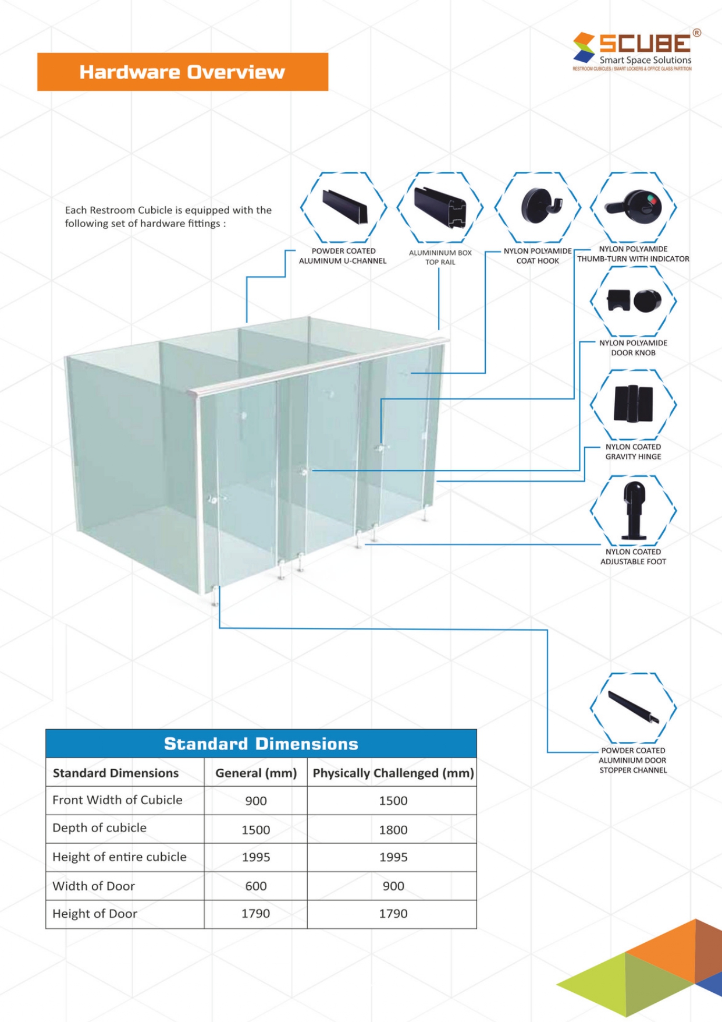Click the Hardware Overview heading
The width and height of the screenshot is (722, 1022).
click(182, 72)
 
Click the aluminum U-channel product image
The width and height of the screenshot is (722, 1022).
click(344, 207)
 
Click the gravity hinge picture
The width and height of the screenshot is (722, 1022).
click(634, 403)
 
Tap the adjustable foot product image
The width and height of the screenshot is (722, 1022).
click(634, 510)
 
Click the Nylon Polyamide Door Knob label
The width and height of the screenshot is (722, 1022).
click(633, 348)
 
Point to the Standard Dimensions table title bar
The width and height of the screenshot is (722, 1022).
click(261, 744)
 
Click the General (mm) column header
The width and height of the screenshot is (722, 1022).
click(256, 773)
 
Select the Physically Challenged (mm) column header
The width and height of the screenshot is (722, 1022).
click(393, 773)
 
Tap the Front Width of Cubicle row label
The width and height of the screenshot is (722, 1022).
click(118, 800)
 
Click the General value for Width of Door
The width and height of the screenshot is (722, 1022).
click(256, 886)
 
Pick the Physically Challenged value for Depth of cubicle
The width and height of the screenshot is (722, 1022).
click(393, 830)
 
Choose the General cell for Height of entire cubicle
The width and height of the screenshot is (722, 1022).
click(256, 857)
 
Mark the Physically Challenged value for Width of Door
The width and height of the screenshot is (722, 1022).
click(393, 886)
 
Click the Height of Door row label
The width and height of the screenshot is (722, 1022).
click(95, 914)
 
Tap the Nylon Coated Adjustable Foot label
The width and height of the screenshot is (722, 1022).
click(633, 557)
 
